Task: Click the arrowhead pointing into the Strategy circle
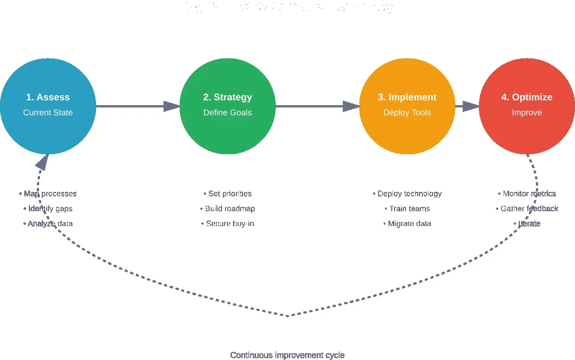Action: pyautogui.click(x=172, y=107)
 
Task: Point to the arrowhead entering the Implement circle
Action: pyautogui.click(x=351, y=107)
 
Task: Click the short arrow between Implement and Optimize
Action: pyautogui.click(x=467, y=107)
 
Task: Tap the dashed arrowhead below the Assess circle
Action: pyautogui.click(x=42, y=163)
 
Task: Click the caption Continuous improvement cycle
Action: pyautogui.click(x=287, y=355)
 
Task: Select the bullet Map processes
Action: pyautogui.click(x=48, y=194)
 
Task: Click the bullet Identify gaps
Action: pyautogui.click(x=48, y=209)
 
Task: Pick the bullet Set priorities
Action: pyautogui.click(x=228, y=194)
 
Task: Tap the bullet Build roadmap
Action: pyautogui.click(x=228, y=209)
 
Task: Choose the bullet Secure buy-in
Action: pyautogui.click(x=228, y=223)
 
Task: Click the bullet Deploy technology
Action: pyautogui.click(x=407, y=194)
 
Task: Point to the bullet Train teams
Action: pyautogui.click(x=407, y=209)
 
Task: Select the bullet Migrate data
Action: pyautogui.click(x=407, y=223)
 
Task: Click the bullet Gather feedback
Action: pyautogui.click(x=527, y=209)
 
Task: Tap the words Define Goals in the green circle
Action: pyautogui.click(x=227, y=112)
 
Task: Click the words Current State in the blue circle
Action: pyautogui.click(x=48, y=112)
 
